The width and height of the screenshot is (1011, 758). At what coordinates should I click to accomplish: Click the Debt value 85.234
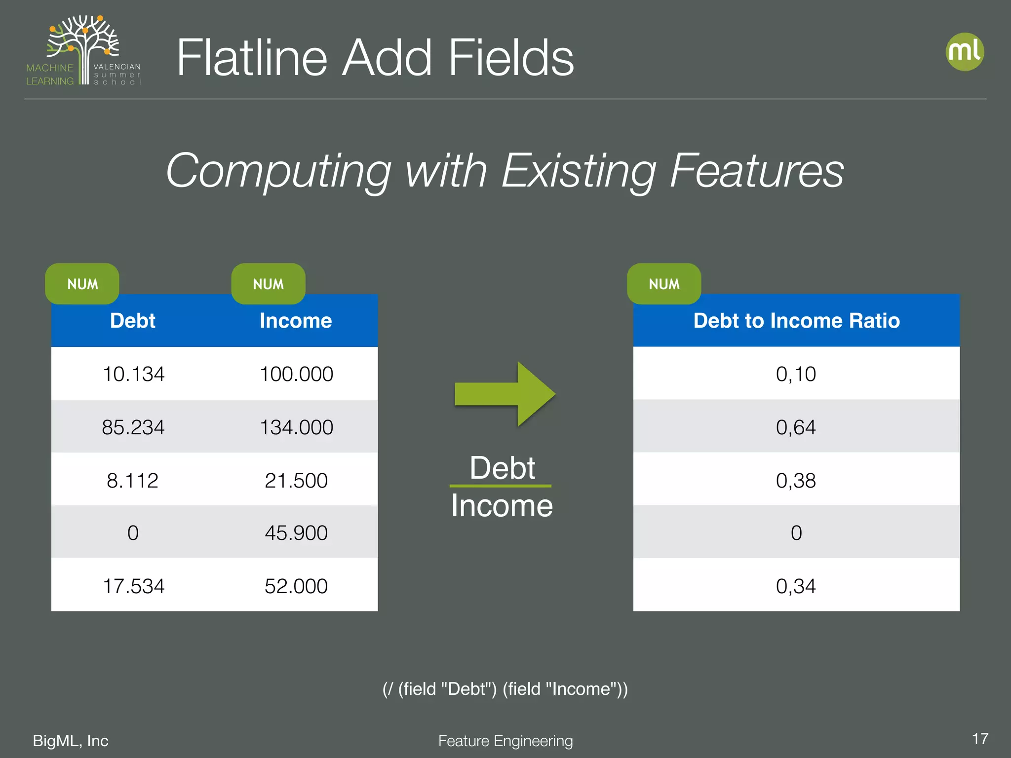click(133, 427)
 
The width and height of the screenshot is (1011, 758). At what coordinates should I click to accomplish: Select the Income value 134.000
click(296, 427)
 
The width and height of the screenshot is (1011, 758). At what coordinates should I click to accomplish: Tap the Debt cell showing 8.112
click(132, 481)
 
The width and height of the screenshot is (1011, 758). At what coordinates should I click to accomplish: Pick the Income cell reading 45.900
click(296, 533)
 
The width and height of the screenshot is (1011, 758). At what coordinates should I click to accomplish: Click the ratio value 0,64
click(796, 427)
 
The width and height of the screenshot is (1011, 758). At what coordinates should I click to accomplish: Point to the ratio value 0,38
click(796, 481)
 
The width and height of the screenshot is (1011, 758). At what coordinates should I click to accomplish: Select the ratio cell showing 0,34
click(796, 586)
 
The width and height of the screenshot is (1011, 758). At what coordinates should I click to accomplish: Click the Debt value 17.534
click(133, 586)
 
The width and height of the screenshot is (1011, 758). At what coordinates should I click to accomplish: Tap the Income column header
click(296, 321)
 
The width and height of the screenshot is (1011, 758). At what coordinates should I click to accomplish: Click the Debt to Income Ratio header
click(796, 321)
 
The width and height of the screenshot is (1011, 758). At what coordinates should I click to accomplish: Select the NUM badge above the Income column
click(268, 284)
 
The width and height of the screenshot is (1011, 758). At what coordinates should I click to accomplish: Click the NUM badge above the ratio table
click(664, 284)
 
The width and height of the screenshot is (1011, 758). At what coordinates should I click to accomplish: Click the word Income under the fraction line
click(502, 506)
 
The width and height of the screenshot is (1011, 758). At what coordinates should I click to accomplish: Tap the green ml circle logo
click(965, 52)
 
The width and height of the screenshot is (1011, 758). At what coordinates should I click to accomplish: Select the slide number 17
click(980, 739)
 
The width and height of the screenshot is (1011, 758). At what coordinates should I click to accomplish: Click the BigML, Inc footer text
click(71, 741)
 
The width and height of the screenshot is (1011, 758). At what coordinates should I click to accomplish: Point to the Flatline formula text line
click(505, 689)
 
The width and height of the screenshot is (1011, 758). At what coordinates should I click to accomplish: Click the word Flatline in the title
click(252, 58)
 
